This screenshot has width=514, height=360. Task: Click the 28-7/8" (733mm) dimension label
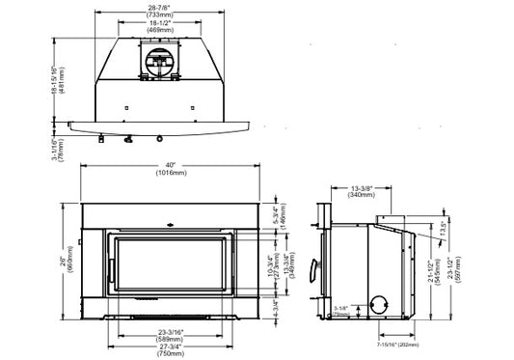point(160,11)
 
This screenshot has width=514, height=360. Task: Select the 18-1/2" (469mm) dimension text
point(160,30)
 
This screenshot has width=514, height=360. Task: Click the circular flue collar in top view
point(160,65)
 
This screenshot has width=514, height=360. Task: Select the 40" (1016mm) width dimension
point(171,173)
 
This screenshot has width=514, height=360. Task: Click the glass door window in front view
point(171,263)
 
